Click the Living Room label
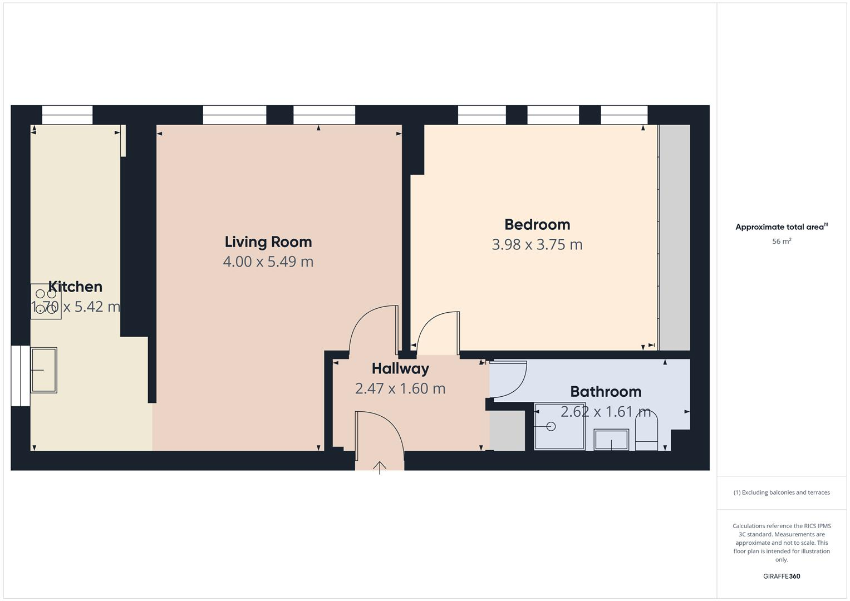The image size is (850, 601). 268,242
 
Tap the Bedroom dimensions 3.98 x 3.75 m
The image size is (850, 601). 537,244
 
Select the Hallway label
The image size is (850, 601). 400,368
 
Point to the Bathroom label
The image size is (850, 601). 606,391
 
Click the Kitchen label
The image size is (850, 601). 75,287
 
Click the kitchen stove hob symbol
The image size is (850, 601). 46,301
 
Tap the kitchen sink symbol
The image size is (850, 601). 43,370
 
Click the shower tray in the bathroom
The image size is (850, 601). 559,426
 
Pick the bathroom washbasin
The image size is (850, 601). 611,440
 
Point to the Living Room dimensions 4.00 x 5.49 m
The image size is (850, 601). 268,262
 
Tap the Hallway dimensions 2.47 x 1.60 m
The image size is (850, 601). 400,388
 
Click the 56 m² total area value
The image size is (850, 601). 782,242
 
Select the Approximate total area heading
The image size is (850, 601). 781,227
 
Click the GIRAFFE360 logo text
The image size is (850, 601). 782,576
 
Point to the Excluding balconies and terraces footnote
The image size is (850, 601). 782,492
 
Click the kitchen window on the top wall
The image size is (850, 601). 67,115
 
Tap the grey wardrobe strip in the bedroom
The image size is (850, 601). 674,238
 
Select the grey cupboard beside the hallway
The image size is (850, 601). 507,431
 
